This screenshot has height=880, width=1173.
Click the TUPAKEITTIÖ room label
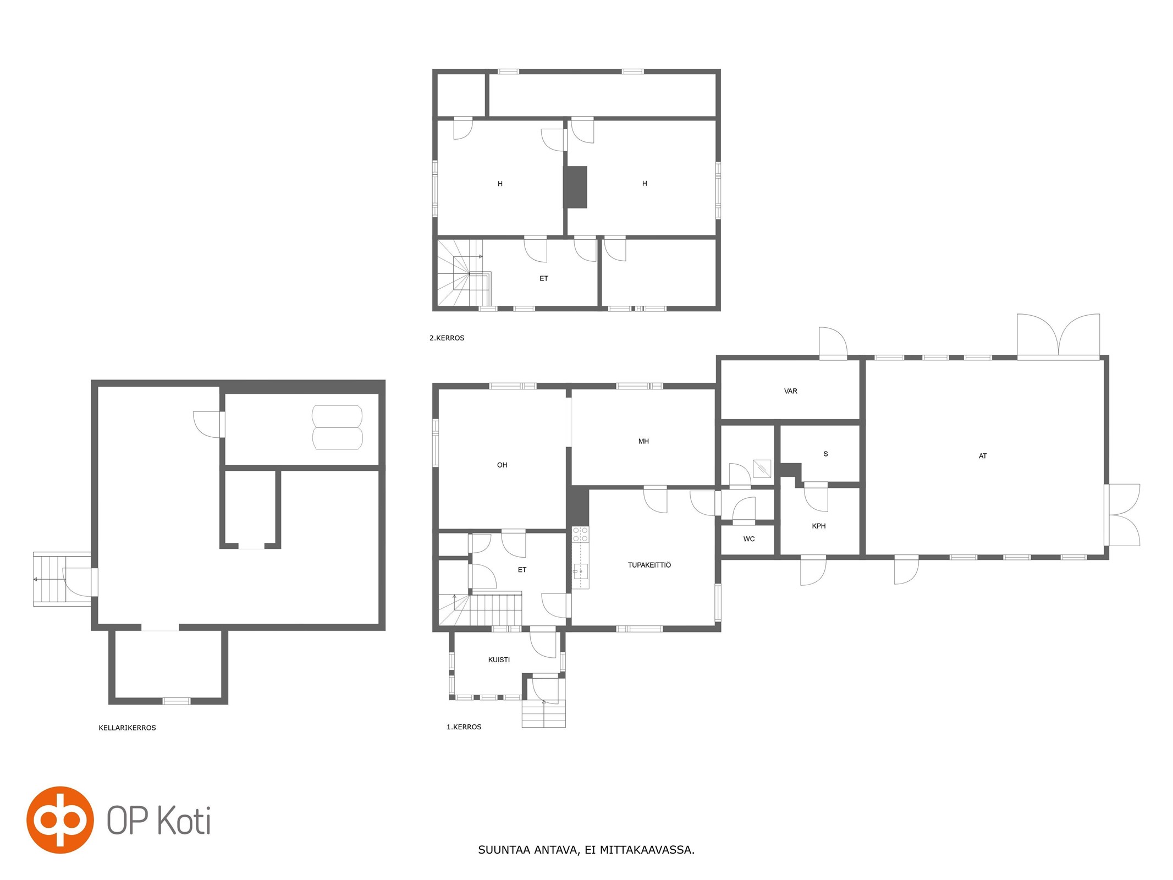tap(649, 565)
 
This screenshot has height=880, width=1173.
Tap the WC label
tap(748, 539)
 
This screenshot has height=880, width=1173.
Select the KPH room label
tap(818, 526)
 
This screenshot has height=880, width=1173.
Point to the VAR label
tap(790, 391)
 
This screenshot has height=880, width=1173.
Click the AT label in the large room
tap(982, 456)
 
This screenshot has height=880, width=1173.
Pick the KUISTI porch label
tap(499, 659)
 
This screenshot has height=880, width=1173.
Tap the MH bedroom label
tap(643, 441)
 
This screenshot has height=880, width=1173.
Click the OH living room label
tap(502, 465)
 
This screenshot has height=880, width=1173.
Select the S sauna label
tap(825, 454)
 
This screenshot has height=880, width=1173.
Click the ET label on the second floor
tap(543, 278)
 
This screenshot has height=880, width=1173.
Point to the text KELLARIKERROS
tap(127, 728)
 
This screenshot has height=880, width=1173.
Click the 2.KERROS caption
tap(447, 338)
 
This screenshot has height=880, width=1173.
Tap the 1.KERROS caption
tap(464, 727)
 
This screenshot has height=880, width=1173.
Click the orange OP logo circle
tap(60, 820)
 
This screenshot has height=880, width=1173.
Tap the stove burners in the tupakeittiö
tap(580, 534)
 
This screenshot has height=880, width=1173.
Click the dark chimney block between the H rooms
tap(575, 187)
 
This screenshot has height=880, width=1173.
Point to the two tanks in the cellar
tap(337, 427)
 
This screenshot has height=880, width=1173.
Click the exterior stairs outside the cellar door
tap(49, 579)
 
